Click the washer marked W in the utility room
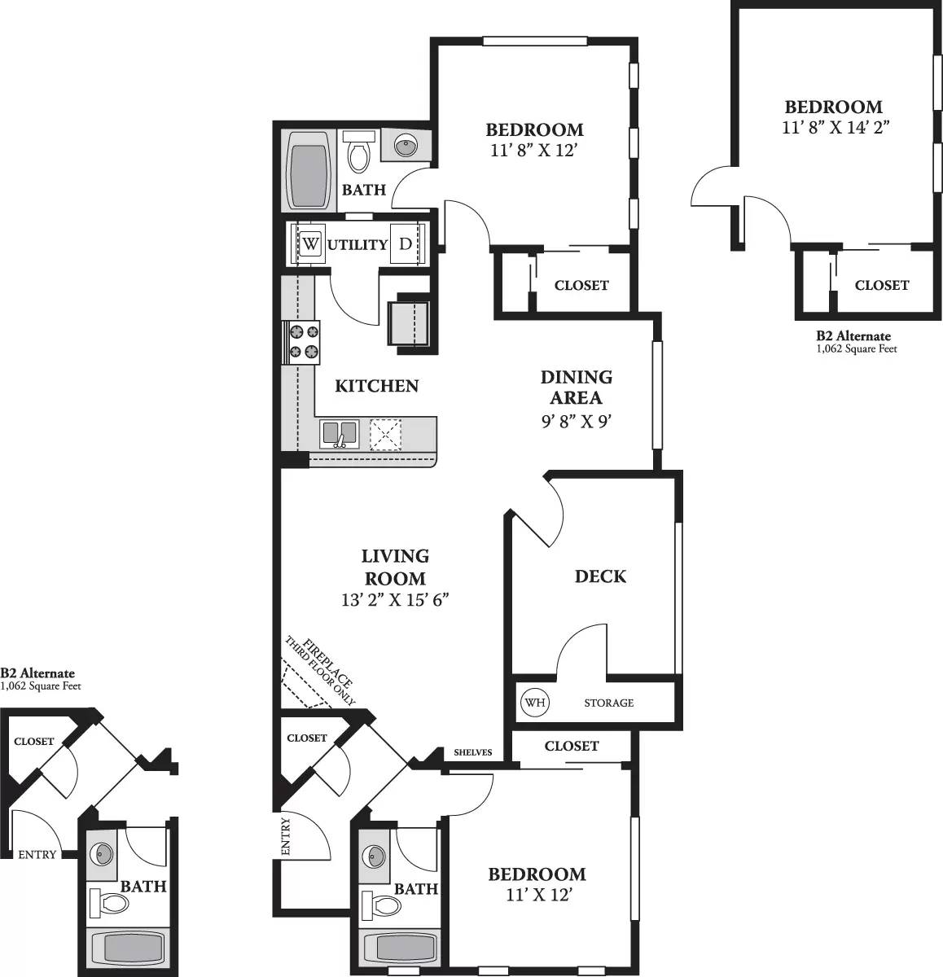pos(311,243)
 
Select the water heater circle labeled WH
pos(534,702)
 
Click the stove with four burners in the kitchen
pos(303,341)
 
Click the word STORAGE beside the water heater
pos(608,703)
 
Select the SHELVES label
pos(472,752)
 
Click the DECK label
pos(600,576)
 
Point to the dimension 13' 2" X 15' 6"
pos(396,600)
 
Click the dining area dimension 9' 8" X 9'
pos(576,421)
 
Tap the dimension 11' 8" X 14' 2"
pos(833,127)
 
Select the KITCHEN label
pos(377,386)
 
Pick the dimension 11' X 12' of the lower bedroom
pos(537,895)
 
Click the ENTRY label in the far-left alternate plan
pos(37,854)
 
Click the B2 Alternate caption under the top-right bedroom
pos(853,335)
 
